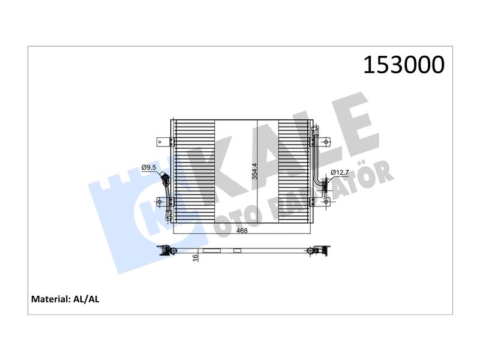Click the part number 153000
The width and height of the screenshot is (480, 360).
pos(403,65)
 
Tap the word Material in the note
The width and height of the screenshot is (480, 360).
pos(51,299)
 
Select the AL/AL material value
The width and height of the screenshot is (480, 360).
pos(86,299)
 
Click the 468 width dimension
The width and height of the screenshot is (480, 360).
pos(242,231)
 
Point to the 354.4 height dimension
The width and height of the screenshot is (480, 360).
pos(254,172)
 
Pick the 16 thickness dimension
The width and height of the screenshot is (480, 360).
pos(196,258)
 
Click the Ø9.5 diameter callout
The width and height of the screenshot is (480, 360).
pos(149,167)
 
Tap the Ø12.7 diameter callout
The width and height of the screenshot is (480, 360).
pos(340,172)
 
